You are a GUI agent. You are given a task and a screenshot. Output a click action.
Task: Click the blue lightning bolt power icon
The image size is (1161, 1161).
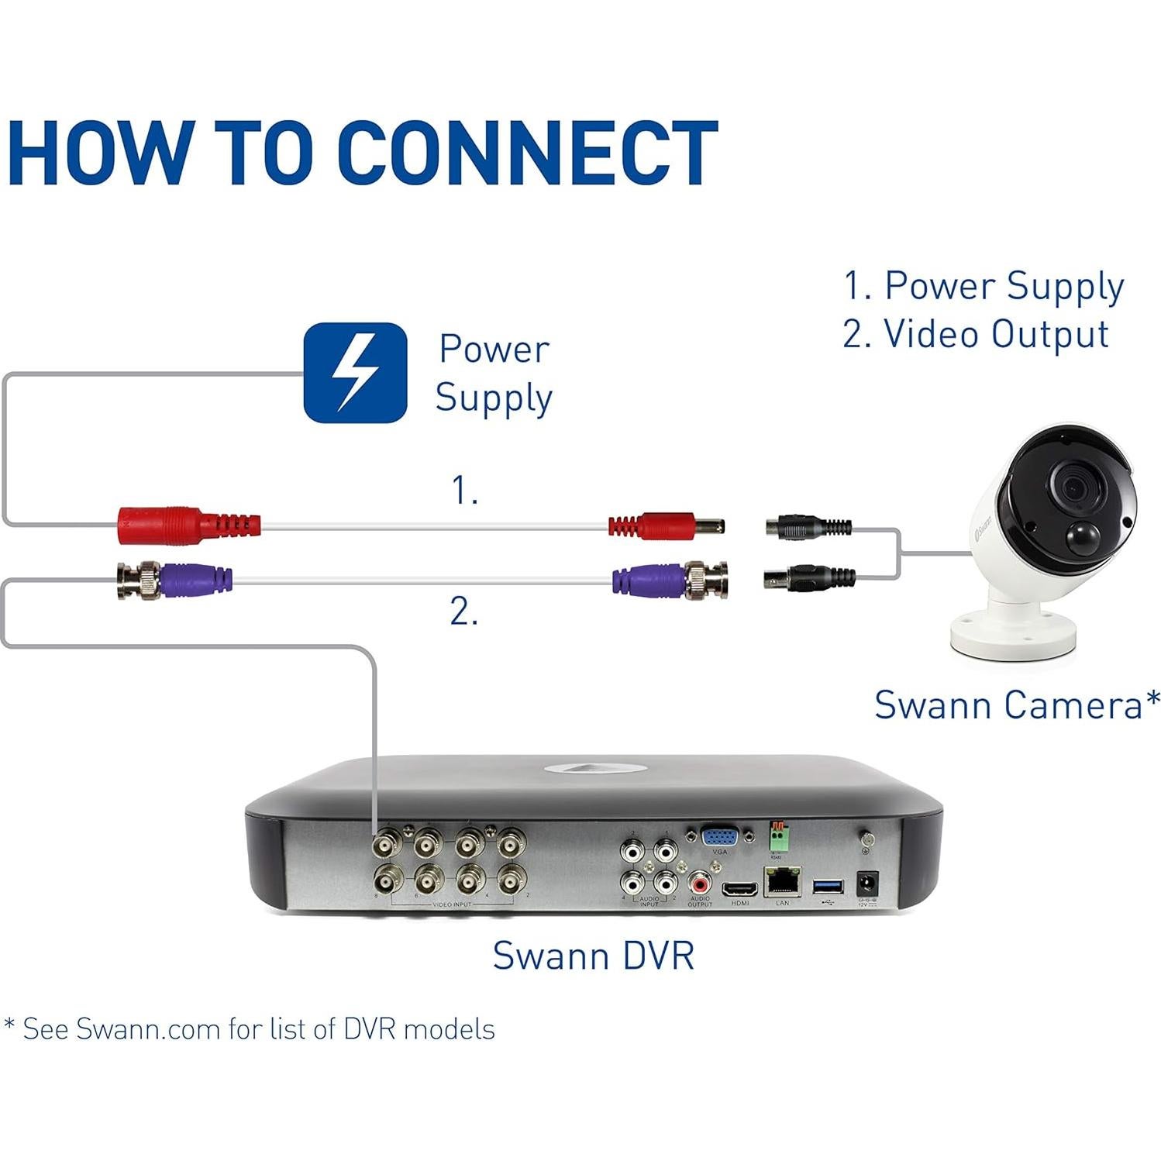point(355,373)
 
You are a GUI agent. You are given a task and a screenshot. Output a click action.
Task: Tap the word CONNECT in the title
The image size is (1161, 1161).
point(527,153)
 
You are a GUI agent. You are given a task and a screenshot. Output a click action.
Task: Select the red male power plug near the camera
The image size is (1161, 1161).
point(667,526)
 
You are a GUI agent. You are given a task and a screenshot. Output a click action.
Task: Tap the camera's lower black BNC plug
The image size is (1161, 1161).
point(810,577)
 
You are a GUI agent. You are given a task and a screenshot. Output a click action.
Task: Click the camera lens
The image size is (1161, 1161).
point(1073,487)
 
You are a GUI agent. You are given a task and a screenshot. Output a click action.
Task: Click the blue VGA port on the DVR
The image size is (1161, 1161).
point(718,838)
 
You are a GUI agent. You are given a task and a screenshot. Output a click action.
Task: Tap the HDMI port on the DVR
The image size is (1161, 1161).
point(739,890)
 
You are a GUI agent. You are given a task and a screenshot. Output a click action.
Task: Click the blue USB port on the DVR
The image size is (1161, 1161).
point(828,886)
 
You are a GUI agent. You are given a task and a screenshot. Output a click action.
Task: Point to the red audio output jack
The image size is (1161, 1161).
point(700,882)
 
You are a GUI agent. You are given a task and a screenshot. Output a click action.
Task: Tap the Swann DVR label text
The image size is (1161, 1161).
point(593,955)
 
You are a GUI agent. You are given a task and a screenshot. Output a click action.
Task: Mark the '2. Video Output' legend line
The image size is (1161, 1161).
point(976,335)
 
